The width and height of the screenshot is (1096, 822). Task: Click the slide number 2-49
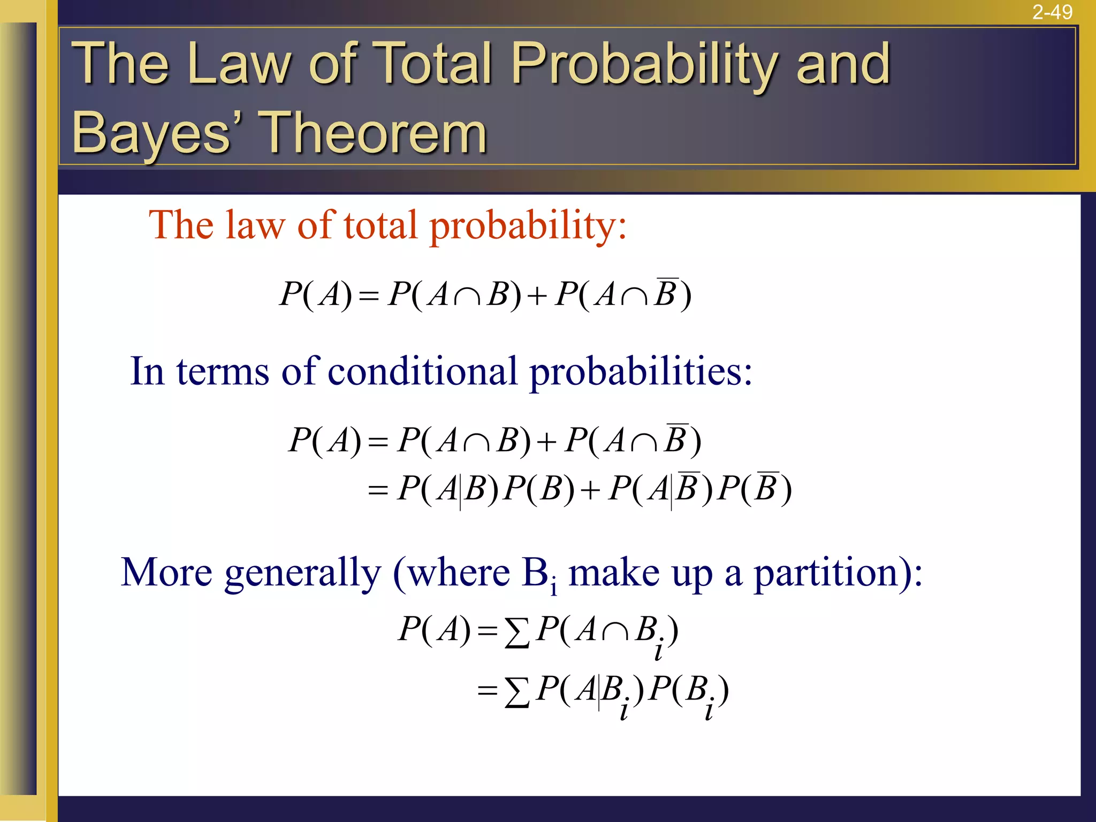point(1052,12)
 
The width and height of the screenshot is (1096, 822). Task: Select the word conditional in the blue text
point(422,371)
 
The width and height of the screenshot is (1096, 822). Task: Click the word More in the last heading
point(166,573)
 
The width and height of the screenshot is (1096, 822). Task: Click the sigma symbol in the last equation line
point(517,692)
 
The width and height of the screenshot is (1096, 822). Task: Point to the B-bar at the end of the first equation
point(667,293)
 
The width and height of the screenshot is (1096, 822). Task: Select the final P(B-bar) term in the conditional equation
point(755,488)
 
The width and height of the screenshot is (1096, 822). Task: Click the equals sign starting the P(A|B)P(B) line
point(378,490)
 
